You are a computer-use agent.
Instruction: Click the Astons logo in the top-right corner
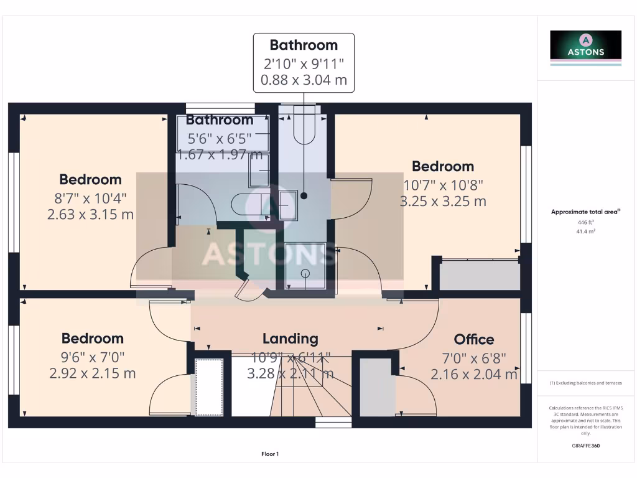[x=585, y=46]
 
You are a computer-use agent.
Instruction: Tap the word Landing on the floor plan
[x=290, y=339]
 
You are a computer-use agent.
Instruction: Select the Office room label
[x=474, y=339]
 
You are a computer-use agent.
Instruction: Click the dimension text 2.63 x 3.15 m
[x=90, y=215]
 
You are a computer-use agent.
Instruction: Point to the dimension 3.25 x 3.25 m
[x=442, y=201]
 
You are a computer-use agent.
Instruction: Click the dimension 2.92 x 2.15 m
[x=92, y=373]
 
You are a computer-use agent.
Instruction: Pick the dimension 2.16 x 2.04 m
[x=474, y=374]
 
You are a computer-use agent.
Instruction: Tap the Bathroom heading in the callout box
[x=304, y=45]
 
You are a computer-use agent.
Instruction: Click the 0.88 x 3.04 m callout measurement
[x=304, y=80]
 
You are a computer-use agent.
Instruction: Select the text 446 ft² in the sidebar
[x=585, y=222]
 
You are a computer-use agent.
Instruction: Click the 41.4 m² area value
[x=585, y=231]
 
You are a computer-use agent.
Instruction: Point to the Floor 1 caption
[x=270, y=454]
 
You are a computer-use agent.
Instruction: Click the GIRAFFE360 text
[x=585, y=446]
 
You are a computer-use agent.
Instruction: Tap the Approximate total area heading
[x=584, y=212]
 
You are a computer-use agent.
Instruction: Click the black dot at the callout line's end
[x=304, y=195]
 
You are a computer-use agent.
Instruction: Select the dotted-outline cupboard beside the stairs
[x=209, y=387]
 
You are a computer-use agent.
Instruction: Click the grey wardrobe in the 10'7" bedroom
[x=480, y=275]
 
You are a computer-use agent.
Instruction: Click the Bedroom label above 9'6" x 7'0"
[x=92, y=339]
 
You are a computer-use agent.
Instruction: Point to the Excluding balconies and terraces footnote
[x=585, y=383]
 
